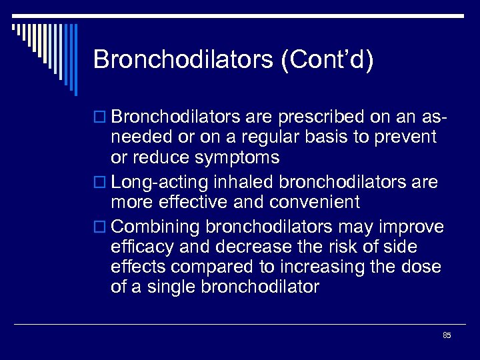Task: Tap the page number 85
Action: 447,335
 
